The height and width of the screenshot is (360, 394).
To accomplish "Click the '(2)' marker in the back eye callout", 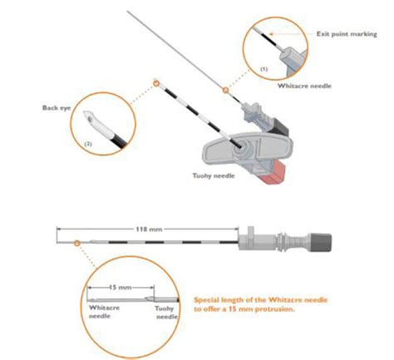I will click(87, 143).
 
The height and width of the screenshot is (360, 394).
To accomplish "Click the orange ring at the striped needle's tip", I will click(155, 82).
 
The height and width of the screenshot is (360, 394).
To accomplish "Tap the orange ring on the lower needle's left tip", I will click(77, 242).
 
